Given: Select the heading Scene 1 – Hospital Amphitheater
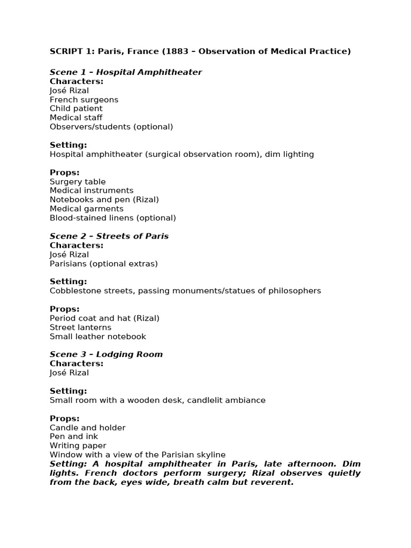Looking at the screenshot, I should pos(126,72).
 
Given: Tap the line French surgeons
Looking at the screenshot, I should pos(84,100).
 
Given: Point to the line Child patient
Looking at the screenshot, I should pos(76,109).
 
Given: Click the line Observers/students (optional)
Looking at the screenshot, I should pos(111,127).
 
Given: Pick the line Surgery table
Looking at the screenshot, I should pos(78,181).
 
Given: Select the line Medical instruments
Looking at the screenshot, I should pos(92,191).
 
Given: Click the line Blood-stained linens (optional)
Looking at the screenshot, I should pos(112,218).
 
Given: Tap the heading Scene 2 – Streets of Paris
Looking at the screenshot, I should pos(109,236).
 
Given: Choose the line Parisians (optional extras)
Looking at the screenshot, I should pos(104,263).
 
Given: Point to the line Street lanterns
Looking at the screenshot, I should pos(81,327).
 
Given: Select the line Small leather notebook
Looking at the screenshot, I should pos(98,336).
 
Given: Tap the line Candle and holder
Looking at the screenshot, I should pos(88,428).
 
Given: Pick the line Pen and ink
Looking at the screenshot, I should pos(74,437).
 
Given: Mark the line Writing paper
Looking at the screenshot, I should pos(78,445).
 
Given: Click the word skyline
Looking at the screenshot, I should pos(210,454).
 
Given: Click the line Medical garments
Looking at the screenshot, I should pos(87,209).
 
